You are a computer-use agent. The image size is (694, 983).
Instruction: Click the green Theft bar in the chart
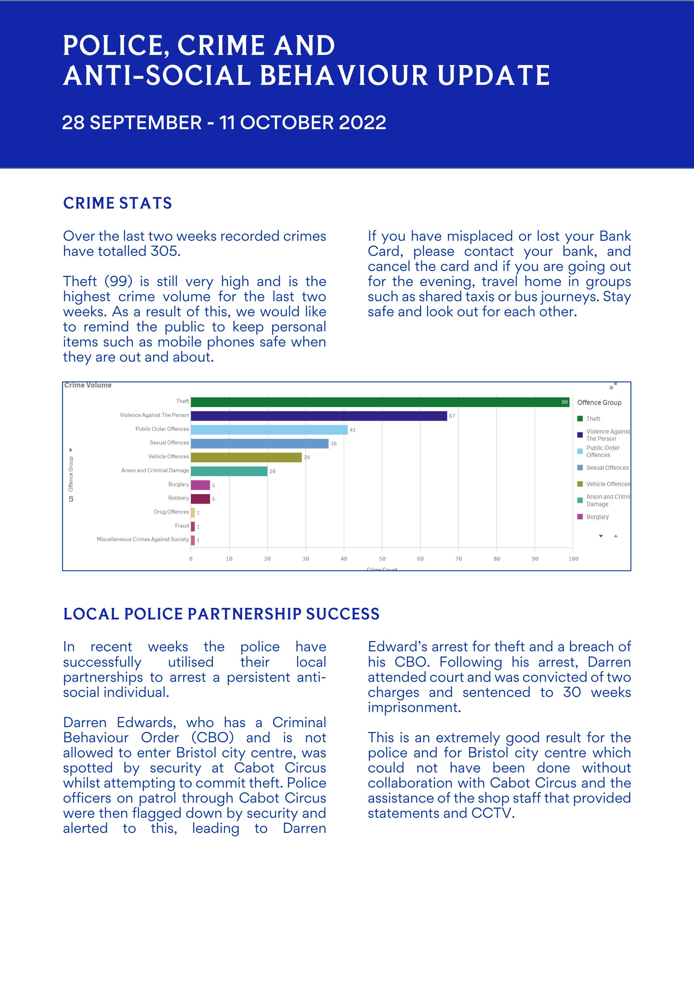click(x=380, y=402)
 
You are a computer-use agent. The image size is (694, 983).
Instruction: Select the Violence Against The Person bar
click(x=319, y=416)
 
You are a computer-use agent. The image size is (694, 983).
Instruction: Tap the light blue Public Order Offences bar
click(x=269, y=429)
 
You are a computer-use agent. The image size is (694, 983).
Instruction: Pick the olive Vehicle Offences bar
click(x=246, y=457)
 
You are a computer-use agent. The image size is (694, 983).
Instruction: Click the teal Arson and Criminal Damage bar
click(x=229, y=471)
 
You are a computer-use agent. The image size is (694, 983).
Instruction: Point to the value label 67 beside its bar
click(x=452, y=416)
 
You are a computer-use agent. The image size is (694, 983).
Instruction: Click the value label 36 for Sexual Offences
click(x=333, y=443)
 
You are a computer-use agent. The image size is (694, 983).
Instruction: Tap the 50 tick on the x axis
click(x=382, y=559)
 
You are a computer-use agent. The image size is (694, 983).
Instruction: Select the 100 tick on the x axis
click(x=573, y=559)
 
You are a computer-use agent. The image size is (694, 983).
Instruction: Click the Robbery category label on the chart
click(x=179, y=498)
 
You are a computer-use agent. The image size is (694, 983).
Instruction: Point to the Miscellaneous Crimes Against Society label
click(x=142, y=539)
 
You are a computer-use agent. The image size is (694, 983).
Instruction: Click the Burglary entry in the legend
click(x=597, y=517)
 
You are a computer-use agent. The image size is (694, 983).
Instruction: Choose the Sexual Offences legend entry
click(x=607, y=468)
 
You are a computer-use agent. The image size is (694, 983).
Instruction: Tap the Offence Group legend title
click(x=599, y=402)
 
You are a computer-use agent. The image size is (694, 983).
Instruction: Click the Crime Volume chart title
click(x=88, y=385)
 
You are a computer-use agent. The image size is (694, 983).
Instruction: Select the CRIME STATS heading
click(x=117, y=203)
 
